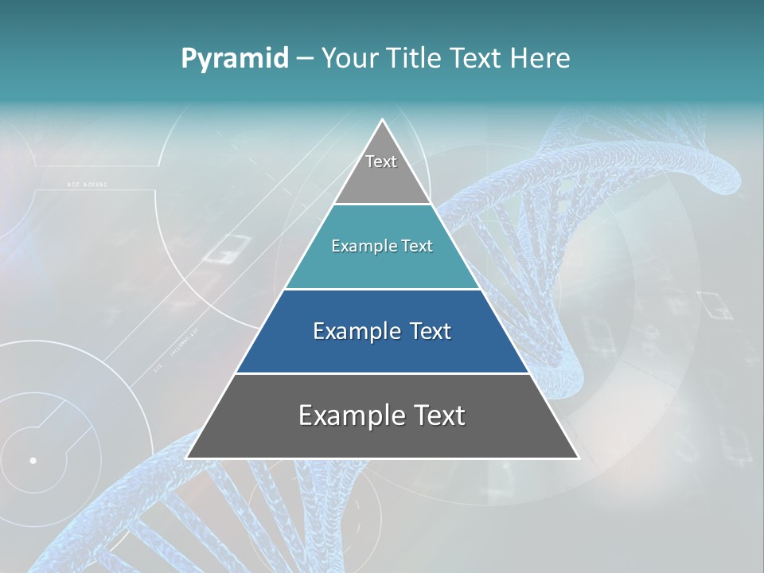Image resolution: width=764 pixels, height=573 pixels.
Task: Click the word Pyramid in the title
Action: point(234,59)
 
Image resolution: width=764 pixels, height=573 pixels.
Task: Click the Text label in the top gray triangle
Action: point(381,162)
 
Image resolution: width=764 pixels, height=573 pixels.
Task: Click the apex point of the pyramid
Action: point(383,120)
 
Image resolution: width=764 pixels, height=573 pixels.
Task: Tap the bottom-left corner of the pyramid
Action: point(187,458)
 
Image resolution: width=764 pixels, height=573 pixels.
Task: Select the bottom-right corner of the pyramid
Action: point(578,458)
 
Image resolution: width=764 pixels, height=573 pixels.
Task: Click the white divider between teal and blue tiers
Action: point(382,289)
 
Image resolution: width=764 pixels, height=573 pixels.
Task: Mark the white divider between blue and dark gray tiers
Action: point(382,373)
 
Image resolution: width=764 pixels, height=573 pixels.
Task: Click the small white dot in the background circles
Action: point(33,460)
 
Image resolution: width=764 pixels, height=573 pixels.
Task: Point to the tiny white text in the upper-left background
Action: point(87,185)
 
